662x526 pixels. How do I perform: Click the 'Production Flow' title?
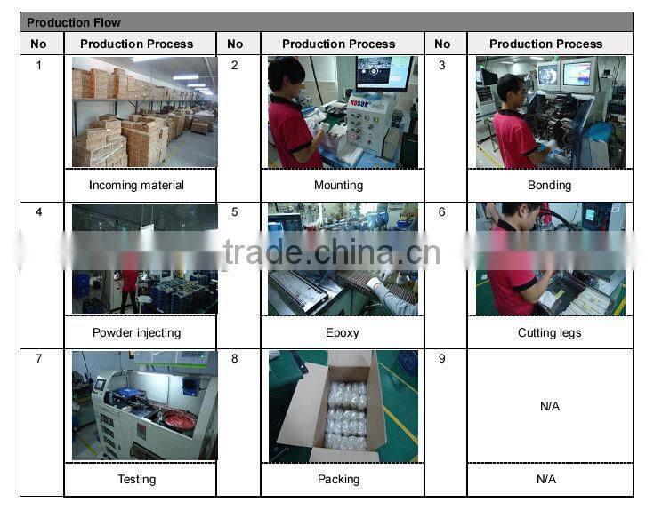(x=74, y=22)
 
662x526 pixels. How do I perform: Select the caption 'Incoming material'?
(x=136, y=185)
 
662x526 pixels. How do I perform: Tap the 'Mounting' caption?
(x=339, y=185)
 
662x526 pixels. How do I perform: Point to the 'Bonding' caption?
(x=549, y=185)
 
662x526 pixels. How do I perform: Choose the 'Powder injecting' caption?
(x=136, y=332)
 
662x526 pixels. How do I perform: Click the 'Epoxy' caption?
(x=343, y=332)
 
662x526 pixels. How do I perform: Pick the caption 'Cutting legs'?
(x=549, y=332)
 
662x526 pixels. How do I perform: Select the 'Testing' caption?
(x=136, y=479)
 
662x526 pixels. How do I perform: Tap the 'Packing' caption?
(x=339, y=479)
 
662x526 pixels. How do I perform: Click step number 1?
(x=39, y=66)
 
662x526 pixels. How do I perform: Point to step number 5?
(x=235, y=212)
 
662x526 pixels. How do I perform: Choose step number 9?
(x=441, y=358)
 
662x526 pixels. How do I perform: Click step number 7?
(x=39, y=358)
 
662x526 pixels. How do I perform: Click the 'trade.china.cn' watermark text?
(x=332, y=252)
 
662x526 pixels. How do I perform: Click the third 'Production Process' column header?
(x=546, y=44)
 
